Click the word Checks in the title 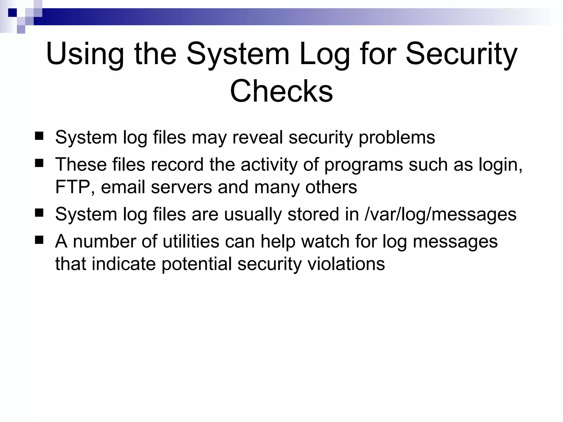pyautogui.click(x=281, y=91)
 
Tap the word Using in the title pyautogui.click(x=85, y=54)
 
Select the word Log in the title pyautogui.click(x=324, y=54)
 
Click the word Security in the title pyautogui.click(x=462, y=54)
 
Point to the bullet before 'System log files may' pyautogui.click(x=39, y=136)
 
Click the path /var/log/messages pyautogui.click(x=440, y=214)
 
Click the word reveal pyautogui.click(x=258, y=137)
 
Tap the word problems pyautogui.click(x=397, y=137)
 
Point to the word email pyautogui.click(x=123, y=187)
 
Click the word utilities pyautogui.click(x=191, y=241)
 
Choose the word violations pyautogui.click(x=346, y=264)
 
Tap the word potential pyautogui.click(x=197, y=264)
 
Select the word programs pyautogui.click(x=363, y=165)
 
